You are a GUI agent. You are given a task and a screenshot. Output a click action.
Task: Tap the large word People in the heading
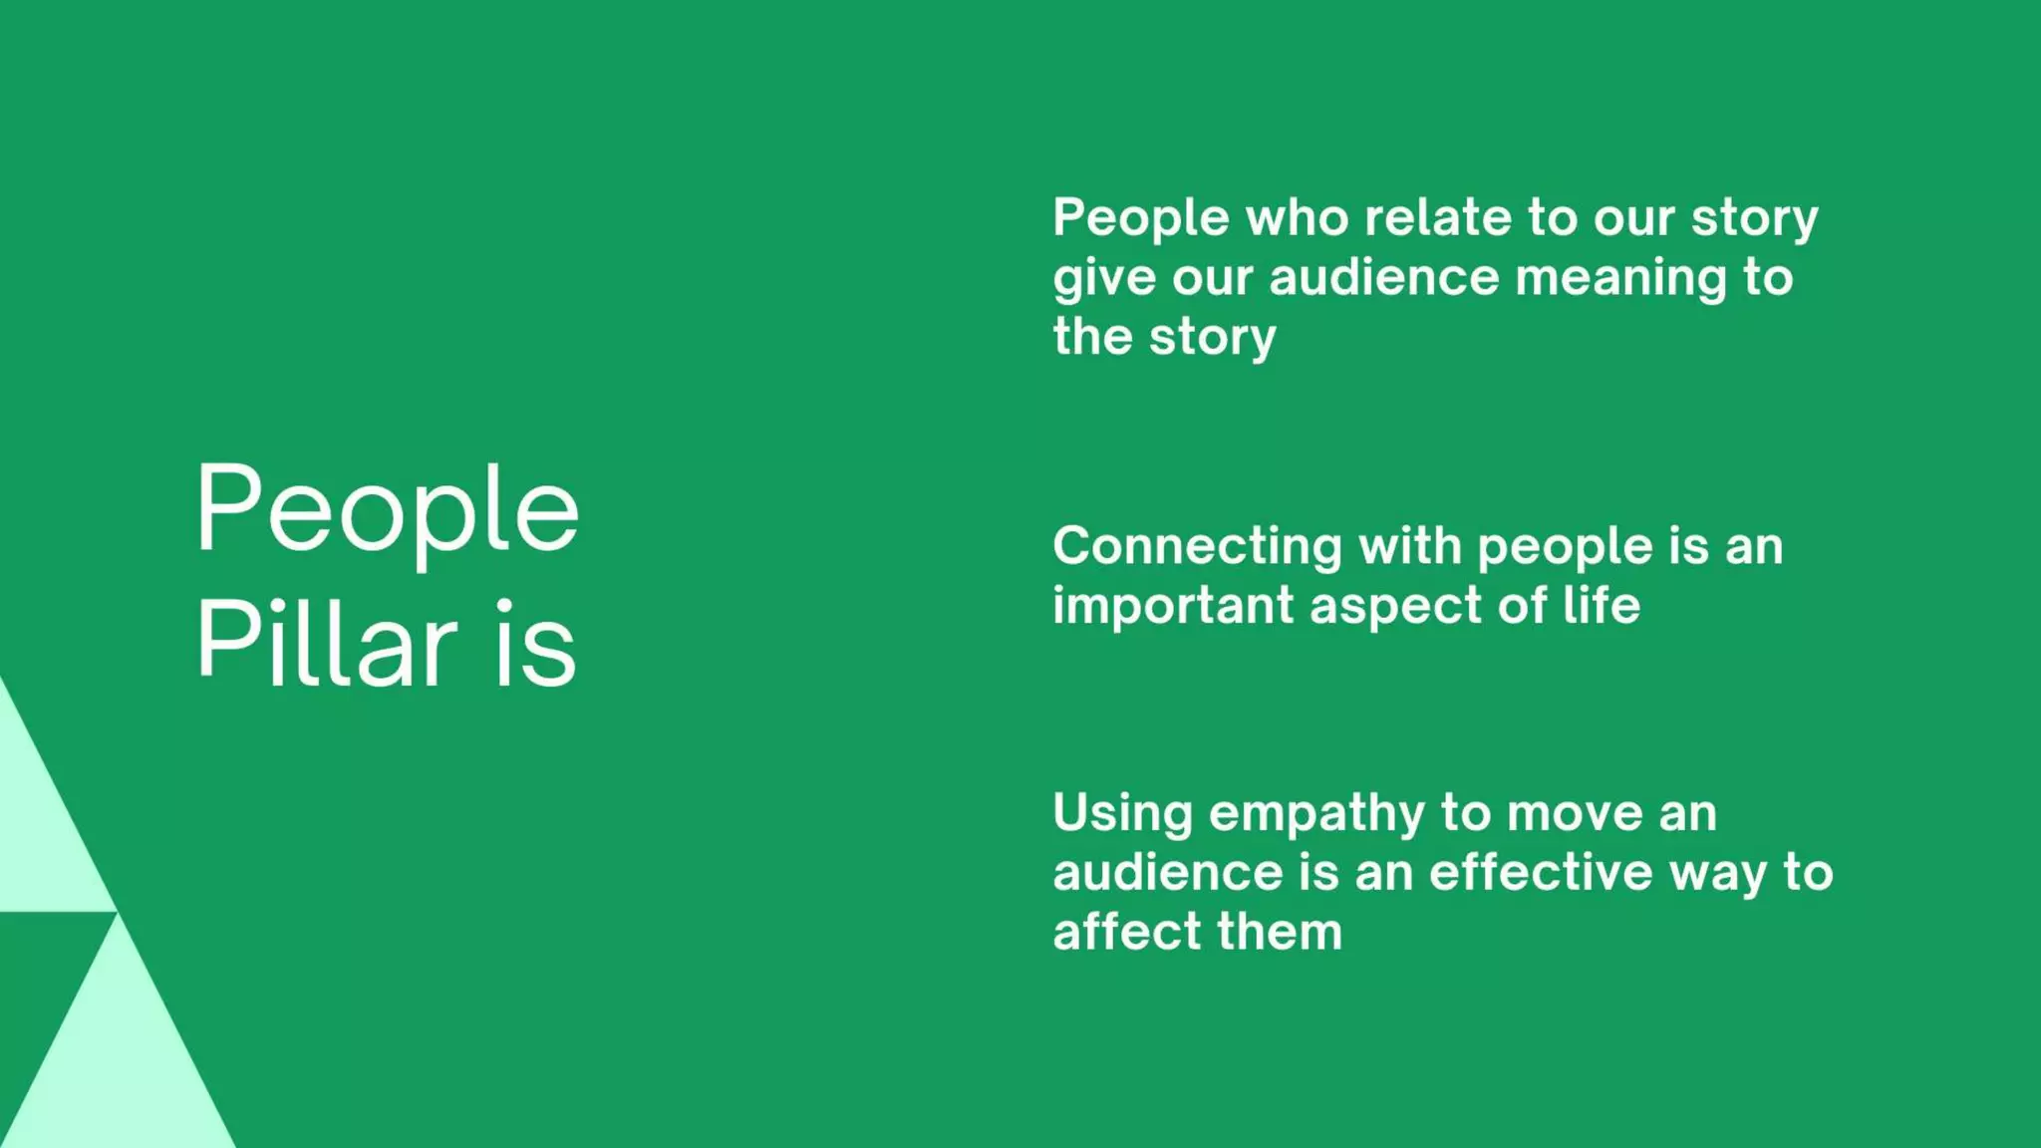(387, 509)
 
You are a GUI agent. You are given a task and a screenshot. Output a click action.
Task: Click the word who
(1297, 217)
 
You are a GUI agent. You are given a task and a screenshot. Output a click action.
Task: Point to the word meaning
(1620, 278)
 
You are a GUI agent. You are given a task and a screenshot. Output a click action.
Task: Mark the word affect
(1127, 932)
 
